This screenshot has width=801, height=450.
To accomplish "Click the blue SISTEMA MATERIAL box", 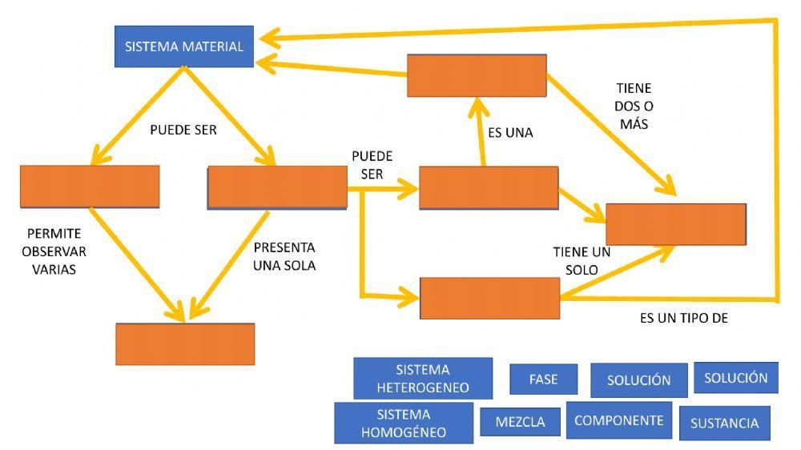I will pos(184,46).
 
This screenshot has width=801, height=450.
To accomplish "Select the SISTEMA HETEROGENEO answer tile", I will pos(422,379).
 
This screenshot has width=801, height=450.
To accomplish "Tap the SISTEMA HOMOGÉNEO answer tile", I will pos(404,424).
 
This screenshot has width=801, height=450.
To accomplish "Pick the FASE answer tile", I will pos(543,379).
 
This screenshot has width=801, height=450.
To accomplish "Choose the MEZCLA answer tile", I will pos(520,422).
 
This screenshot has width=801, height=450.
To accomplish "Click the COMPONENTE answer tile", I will pos(618,420).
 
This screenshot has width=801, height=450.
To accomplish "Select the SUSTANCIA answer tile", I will pos(724,424).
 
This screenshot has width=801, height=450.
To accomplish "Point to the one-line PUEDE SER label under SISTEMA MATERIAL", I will pos(183,130).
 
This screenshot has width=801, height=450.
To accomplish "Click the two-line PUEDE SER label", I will pos(372,165).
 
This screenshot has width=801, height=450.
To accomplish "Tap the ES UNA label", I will pos(510,133).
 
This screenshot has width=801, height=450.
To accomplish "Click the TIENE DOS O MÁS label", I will pos(633,106).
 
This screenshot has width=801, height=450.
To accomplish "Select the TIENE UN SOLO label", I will pos(582,261).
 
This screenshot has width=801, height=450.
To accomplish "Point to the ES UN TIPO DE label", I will pos(683,318).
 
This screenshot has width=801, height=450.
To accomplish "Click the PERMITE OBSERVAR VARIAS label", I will pos(54,251).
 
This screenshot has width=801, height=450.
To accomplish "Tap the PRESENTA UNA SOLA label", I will pos(284,256).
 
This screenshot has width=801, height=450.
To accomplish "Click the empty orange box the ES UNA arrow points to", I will pos(477,75).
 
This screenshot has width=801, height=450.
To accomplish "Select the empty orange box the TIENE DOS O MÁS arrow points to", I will pos(675,223).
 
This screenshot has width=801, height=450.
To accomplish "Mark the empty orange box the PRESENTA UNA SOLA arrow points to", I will pos(185,344).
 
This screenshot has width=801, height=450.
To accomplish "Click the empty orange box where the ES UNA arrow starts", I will pos(488,187).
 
